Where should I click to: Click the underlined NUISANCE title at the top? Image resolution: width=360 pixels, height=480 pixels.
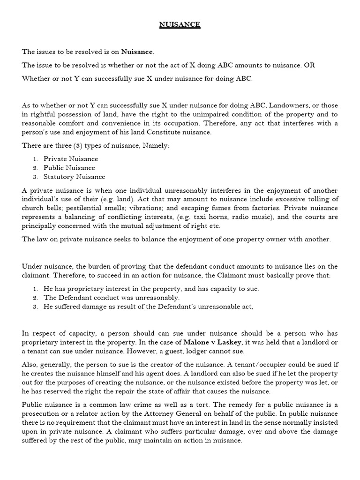[180, 25]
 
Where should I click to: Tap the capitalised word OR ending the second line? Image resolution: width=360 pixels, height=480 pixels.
[309, 65]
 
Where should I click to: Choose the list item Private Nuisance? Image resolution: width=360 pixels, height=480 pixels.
[71, 159]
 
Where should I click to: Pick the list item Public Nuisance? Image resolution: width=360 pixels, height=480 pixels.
[69, 168]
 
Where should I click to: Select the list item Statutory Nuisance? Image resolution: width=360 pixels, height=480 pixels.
[75, 177]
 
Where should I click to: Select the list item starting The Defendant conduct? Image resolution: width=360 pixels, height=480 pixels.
[112, 298]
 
